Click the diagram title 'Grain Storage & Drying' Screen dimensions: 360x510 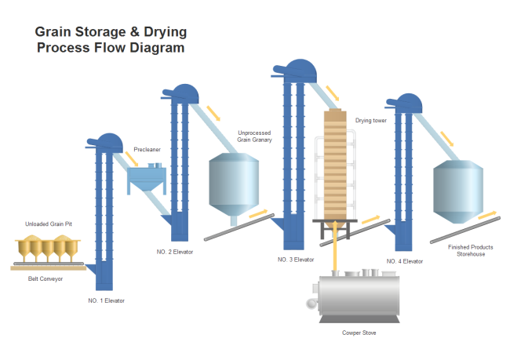(x=111, y=32)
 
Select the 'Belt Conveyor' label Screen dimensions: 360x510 (x=46, y=278)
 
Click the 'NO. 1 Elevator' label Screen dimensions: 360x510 (x=106, y=300)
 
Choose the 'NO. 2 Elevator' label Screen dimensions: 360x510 (x=175, y=252)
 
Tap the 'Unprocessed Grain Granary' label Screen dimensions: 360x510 (x=254, y=136)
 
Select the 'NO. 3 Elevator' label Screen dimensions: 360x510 (x=296, y=260)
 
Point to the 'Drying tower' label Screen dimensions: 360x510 (x=371, y=121)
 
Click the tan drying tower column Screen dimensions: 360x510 (x=335, y=165)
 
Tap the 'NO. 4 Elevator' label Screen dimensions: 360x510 (x=405, y=260)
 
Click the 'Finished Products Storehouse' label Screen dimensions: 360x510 (x=470, y=250)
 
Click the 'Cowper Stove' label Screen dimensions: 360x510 (x=359, y=333)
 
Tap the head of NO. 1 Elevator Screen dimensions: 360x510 (x=105, y=143)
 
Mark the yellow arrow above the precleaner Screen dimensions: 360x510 (x=131, y=159)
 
